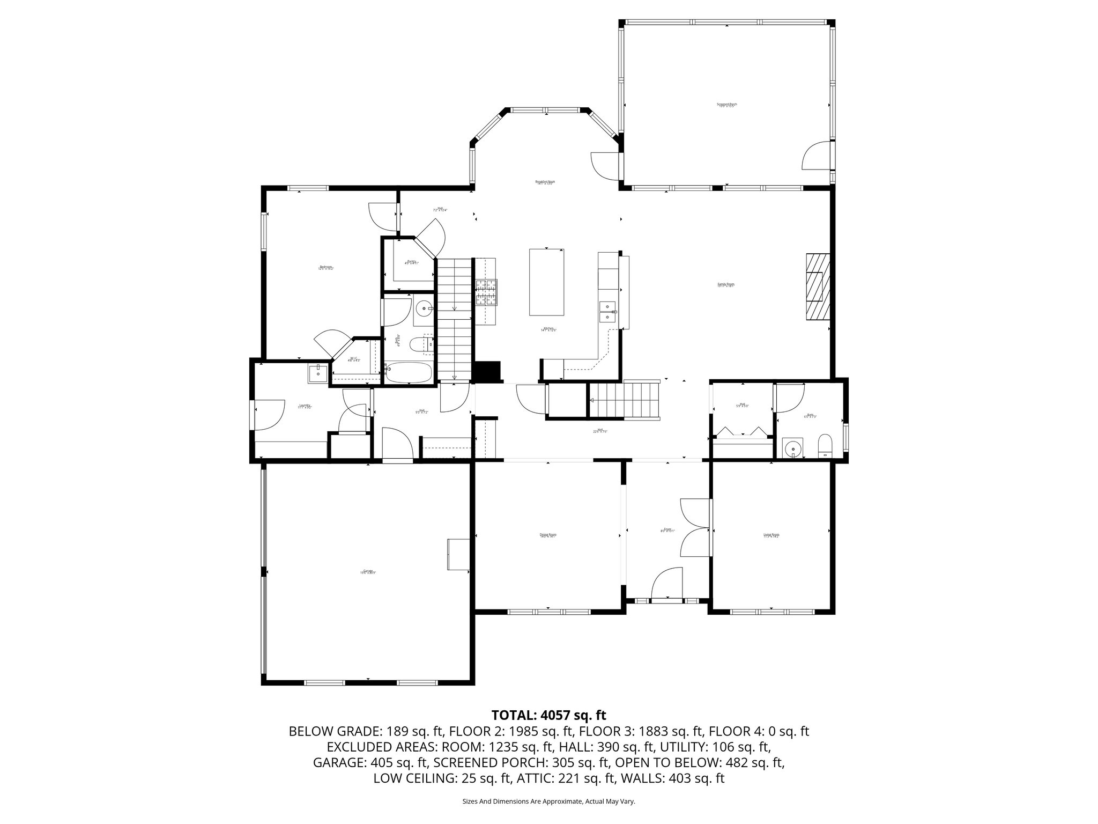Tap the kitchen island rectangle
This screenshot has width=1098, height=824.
(546, 282)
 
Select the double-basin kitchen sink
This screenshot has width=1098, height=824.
(607, 311)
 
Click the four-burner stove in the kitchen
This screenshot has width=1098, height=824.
(485, 293)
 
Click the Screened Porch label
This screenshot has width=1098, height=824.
(726, 105)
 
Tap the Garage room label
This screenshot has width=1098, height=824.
(368, 572)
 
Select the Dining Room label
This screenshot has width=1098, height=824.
(547, 535)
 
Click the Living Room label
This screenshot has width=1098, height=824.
(771, 535)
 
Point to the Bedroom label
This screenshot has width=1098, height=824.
(325, 267)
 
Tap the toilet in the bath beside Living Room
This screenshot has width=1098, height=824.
(825, 446)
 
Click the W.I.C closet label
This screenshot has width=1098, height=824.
(353, 359)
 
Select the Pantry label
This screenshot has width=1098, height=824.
(411, 262)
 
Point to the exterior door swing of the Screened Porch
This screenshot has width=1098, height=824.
(816, 156)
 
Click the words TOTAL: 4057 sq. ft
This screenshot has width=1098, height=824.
(548, 715)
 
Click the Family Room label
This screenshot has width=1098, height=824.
(725, 285)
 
